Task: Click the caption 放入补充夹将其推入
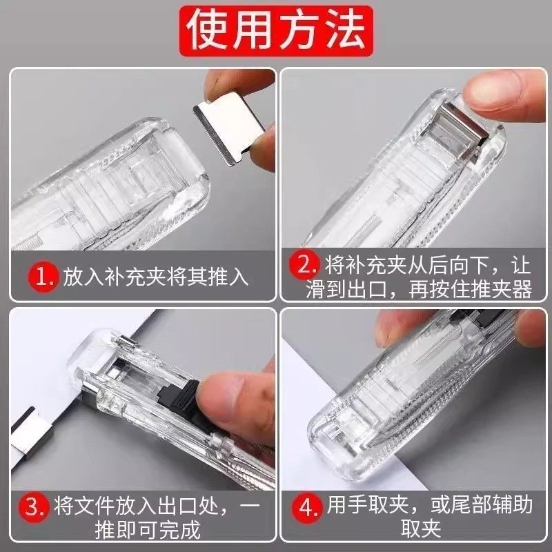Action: [155, 277]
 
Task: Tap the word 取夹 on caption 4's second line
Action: [420, 530]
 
